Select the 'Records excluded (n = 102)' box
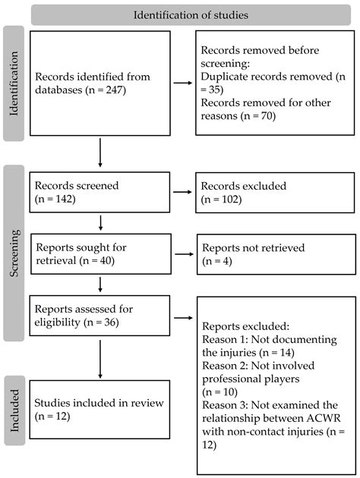[x=274, y=194]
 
